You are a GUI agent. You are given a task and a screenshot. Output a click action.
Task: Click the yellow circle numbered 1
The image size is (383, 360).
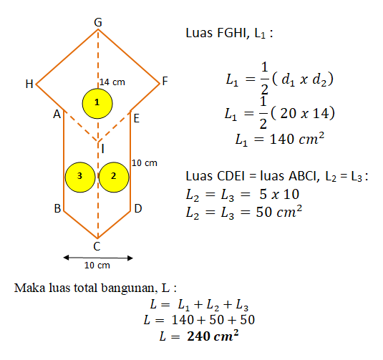(97, 103)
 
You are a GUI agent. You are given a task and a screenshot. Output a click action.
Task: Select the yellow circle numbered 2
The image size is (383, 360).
(114, 177)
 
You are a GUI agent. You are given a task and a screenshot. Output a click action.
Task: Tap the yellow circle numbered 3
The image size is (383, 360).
(80, 177)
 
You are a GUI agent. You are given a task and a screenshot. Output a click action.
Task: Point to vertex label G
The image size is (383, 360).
(98, 22)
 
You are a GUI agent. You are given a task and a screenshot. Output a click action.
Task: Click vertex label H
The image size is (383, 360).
(29, 84)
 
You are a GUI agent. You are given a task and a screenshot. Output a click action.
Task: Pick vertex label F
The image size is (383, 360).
(165, 81)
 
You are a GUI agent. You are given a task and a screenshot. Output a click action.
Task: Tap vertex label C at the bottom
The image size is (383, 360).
(97, 246)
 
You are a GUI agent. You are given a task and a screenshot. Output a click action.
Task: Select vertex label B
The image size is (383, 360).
(57, 208)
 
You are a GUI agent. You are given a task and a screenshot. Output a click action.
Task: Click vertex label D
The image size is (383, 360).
(138, 208)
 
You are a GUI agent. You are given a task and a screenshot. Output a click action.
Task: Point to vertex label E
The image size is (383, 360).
(137, 119)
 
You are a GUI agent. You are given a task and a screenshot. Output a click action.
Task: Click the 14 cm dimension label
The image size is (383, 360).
(112, 82)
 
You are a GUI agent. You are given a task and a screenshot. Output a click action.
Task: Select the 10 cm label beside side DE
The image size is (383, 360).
(145, 163)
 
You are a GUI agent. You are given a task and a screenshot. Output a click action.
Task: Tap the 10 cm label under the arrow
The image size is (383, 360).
(97, 266)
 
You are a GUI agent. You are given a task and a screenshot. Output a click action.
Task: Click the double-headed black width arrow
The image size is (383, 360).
(98, 258)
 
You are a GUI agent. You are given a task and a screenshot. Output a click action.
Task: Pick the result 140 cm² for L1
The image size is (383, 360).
(297, 139)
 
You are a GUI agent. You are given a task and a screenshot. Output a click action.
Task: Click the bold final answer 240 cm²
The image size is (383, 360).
(213, 336)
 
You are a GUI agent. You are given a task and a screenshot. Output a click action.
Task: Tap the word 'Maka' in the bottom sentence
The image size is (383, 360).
(29, 288)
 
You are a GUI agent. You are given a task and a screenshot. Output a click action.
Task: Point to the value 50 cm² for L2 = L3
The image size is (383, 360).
(279, 212)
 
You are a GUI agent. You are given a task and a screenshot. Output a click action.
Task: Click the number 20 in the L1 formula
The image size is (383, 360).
(289, 113)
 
